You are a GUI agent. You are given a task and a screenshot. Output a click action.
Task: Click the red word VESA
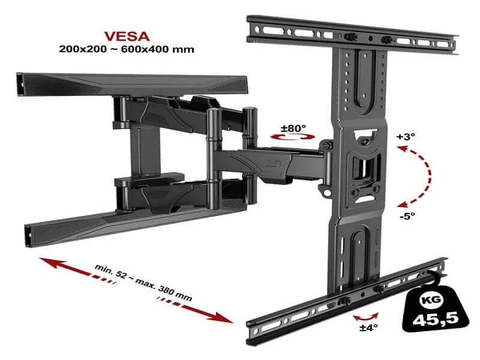pos(127,37)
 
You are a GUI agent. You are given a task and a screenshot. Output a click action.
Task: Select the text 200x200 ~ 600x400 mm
pos(127,49)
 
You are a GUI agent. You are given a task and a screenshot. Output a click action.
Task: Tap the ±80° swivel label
pos(293,128)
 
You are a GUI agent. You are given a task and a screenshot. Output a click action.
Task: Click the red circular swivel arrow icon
pos(293,137)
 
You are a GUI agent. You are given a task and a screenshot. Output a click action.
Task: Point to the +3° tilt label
pos(406,137)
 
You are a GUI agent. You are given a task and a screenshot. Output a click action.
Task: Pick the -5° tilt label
pos(407,216)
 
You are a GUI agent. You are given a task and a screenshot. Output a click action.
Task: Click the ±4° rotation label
pos(368,328)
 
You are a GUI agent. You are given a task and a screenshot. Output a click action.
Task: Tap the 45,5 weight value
pos(436,320)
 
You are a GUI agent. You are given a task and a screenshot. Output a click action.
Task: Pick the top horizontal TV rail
pos(352,35)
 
